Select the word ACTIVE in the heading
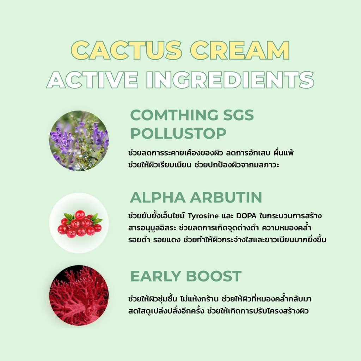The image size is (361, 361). pyautogui.click(x=92, y=80)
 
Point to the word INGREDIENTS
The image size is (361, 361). pyautogui.click(x=230, y=80)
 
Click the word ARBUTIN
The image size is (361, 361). pyautogui.click(x=226, y=197)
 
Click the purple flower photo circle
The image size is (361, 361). pyautogui.click(x=79, y=141)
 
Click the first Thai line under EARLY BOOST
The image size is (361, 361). pyautogui.click(x=220, y=299)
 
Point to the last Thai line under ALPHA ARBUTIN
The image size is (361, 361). pyautogui.click(x=227, y=240)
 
